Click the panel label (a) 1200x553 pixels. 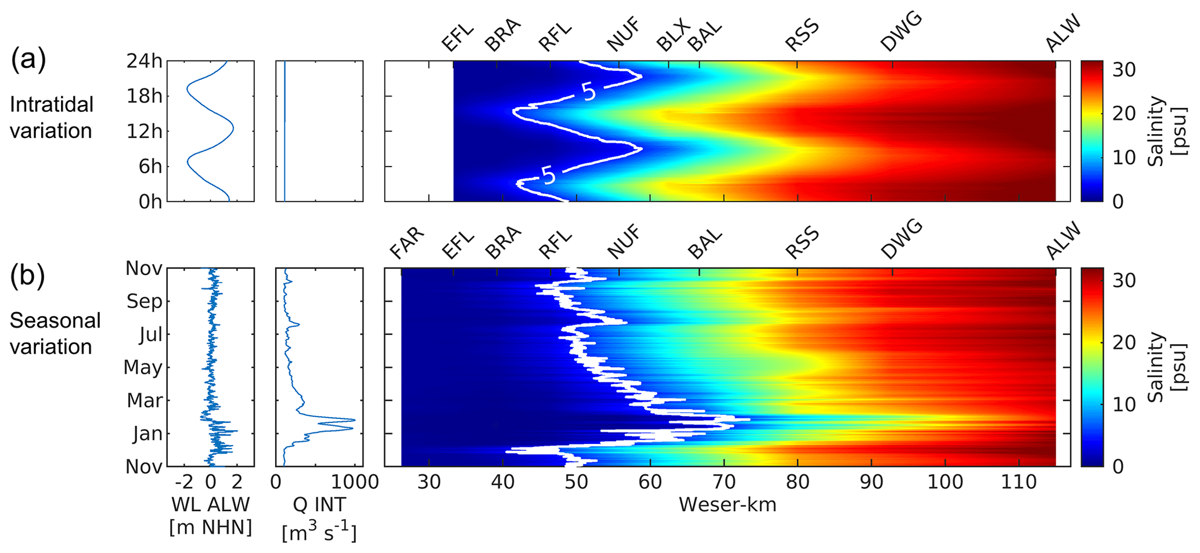(28, 60)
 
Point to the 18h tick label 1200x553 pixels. (145, 96)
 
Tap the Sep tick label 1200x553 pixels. (144, 301)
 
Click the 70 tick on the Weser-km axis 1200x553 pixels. (723, 482)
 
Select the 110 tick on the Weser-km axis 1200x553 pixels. (1018, 482)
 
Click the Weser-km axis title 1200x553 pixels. (727, 505)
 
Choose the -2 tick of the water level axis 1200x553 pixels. (183, 482)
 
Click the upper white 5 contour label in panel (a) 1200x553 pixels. (589, 92)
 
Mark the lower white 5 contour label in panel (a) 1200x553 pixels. (548, 174)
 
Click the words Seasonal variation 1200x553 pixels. (55, 333)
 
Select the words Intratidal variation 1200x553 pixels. (51, 117)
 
